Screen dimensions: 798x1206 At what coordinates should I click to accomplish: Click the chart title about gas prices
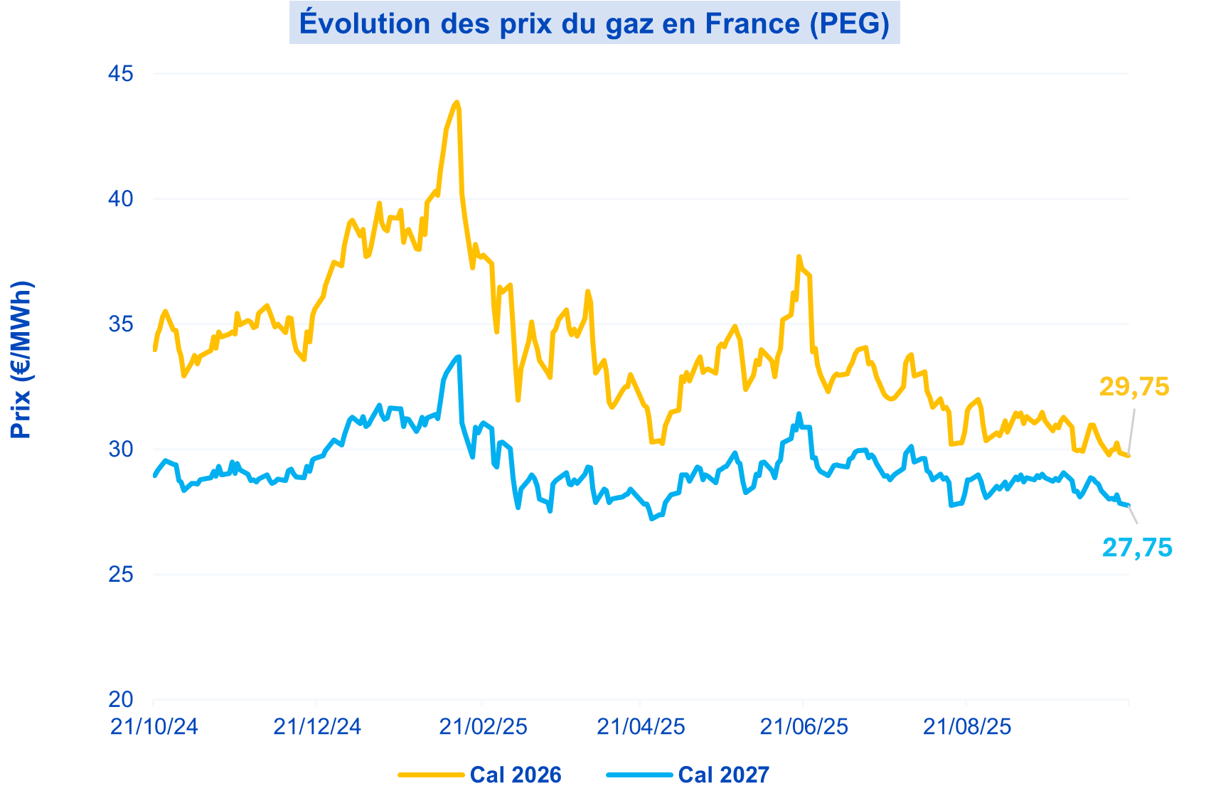594,23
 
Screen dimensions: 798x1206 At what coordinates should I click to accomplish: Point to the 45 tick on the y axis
121,73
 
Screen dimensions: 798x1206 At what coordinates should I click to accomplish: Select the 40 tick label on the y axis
121,198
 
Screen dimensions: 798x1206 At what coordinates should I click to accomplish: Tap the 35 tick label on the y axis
121,324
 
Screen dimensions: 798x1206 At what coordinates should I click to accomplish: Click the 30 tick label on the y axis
121,449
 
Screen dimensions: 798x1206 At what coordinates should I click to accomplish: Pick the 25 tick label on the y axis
121,575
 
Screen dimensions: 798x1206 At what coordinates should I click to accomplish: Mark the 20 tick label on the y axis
121,700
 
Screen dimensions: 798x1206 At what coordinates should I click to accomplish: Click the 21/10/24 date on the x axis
154,726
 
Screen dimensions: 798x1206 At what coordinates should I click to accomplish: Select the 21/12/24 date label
317,726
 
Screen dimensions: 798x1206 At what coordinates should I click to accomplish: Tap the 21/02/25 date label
483,726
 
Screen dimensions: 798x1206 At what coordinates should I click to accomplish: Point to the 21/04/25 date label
641,726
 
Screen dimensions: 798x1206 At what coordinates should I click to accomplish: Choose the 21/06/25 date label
804,726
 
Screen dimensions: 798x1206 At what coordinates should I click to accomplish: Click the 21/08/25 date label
967,726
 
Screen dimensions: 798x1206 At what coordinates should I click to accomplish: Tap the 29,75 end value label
1133,386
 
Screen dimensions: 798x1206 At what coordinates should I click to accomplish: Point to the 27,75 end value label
1137,548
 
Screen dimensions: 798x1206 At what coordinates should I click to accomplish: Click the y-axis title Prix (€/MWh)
21,359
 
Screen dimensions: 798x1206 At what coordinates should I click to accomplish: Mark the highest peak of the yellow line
457,102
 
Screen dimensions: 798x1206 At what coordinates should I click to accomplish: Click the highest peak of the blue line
459,356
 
